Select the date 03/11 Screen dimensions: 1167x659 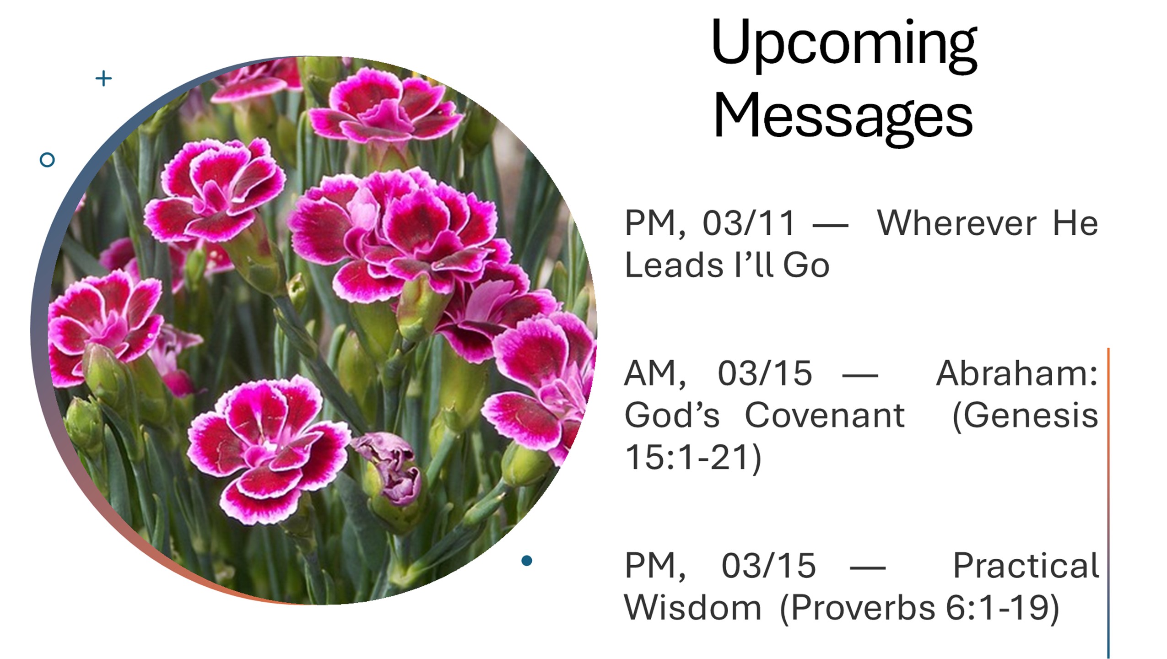[x=749, y=224]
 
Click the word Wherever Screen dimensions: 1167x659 [x=956, y=224]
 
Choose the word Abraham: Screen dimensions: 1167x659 [x=1017, y=373]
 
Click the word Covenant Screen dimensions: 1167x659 [x=825, y=416]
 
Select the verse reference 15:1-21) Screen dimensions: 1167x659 [x=693, y=458]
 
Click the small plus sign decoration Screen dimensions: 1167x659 [x=103, y=79]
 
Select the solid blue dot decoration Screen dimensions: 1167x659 [x=527, y=560]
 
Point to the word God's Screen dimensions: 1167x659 [x=672, y=416]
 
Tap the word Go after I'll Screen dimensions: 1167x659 [x=806, y=265]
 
